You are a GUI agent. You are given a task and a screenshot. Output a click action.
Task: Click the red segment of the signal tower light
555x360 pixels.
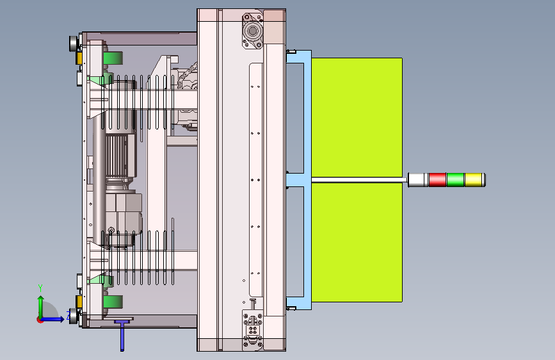(x=437, y=179)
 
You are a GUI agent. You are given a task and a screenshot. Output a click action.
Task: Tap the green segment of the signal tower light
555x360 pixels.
(x=455, y=179)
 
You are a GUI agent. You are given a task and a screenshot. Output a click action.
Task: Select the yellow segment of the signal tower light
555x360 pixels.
(x=474, y=179)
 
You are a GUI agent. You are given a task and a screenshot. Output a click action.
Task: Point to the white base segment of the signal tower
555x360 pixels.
(x=417, y=179)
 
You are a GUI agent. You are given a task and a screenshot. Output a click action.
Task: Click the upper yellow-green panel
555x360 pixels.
(x=357, y=117)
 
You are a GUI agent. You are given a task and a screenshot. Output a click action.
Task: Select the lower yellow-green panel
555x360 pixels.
(x=357, y=242)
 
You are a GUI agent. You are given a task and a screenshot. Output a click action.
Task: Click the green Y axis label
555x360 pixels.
(x=40, y=288)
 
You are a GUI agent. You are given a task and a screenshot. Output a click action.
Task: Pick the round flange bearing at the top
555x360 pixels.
(x=252, y=31)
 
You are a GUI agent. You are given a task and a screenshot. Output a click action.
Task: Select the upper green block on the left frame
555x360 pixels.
(x=113, y=58)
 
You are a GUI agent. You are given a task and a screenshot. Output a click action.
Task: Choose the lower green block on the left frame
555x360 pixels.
(x=113, y=302)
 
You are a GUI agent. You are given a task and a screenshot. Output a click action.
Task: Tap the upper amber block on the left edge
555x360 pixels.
(x=79, y=58)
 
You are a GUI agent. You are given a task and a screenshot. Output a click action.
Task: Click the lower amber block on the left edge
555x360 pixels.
(x=79, y=302)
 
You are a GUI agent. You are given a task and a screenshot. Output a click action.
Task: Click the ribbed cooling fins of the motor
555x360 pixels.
(x=117, y=156)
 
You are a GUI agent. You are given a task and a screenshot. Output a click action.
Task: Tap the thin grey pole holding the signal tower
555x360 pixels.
(x=360, y=180)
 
